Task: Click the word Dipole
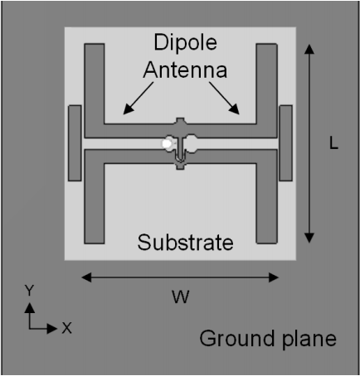(x=185, y=43)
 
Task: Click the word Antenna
(x=185, y=70)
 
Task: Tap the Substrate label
(x=185, y=243)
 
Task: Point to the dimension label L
(x=333, y=143)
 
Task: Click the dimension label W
(x=181, y=297)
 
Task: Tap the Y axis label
(x=29, y=291)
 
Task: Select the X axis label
(x=66, y=328)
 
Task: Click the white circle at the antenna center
(x=167, y=144)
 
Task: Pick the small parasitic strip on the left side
(x=75, y=143)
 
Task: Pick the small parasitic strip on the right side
(x=285, y=143)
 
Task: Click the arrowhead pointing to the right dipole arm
(x=235, y=109)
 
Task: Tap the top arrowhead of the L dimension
(x=309, y=49)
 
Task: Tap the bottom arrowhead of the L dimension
(x=309, y=238)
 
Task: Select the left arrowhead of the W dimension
(x=86, y=277)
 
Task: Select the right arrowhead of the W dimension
(x=274, y=277)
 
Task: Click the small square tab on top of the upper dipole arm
(x=180, y=121)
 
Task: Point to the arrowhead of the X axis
(x=52, y=329)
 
